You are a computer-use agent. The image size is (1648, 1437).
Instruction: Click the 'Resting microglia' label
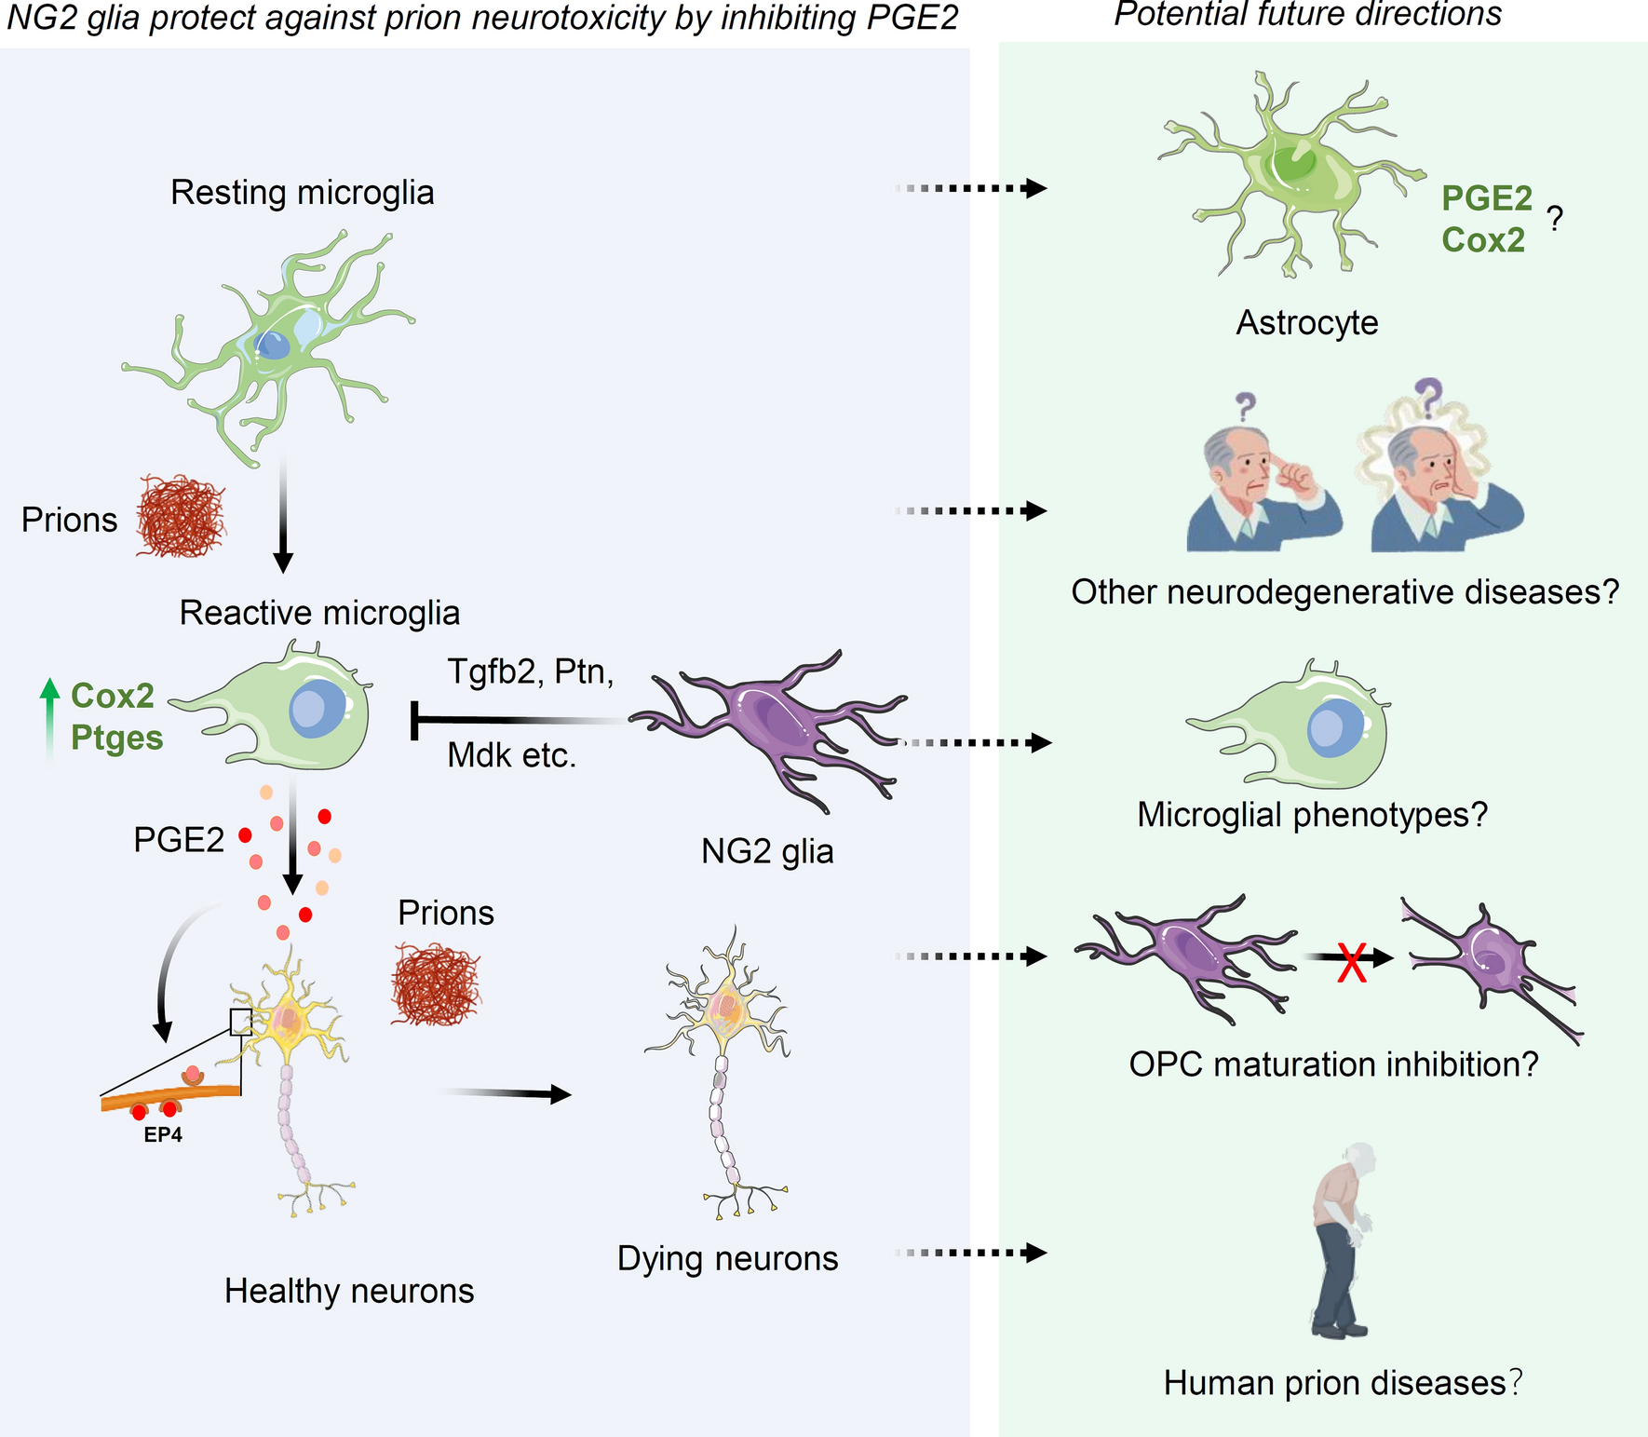pyautogui.click(x=302, y=193)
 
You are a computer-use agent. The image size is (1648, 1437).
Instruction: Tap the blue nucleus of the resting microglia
pyautogui.click(x=273, y=346)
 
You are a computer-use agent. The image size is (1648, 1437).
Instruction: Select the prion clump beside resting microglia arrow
pyautogui.click(x=181, y=516)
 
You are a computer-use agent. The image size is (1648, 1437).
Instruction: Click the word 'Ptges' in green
pyautogui.click(x=117, y=738)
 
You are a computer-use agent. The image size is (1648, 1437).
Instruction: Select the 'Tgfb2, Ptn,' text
pyautogui.click(x=530, y=671)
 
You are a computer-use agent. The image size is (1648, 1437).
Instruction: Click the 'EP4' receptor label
pyautogui.click(x=163, y=1135)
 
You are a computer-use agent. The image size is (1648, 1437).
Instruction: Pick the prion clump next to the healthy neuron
pyautogui.click(x=436, y=984)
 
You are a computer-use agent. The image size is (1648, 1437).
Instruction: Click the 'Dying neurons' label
pyautogui.click(x=727, y=1258)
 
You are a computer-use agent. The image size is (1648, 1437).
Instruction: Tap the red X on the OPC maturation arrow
pyautogui.click(x=1351, y=962)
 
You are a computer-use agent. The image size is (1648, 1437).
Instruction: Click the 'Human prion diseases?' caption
pyautogui.click(x=1343, y=1383)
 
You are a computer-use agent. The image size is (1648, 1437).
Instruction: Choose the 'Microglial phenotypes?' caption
pyautogui.click(x=1312, y=815)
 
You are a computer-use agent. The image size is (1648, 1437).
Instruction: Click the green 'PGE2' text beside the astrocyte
pyautogui.click(x=1487, y=198)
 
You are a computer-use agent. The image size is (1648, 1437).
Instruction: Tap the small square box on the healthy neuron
pyautogui.click(x=240, y=1022)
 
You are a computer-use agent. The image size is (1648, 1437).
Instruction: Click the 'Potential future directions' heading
pyautogui.click(x=1307, y=14)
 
